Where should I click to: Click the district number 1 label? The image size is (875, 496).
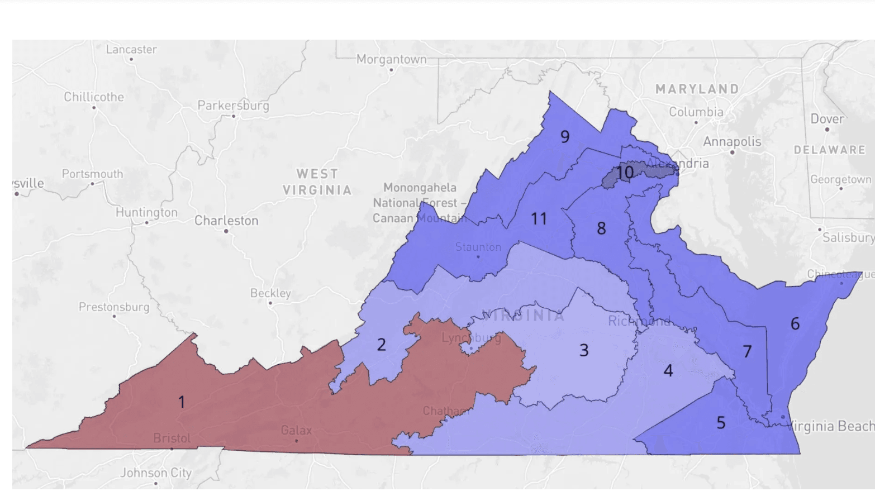[x=182, y=402]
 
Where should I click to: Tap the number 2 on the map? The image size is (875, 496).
[x=381, y=345]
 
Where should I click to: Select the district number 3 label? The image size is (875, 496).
[x=584, y=350]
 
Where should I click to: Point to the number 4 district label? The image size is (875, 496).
[x=668, y=370]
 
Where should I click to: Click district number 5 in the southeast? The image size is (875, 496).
[x=721, y=423]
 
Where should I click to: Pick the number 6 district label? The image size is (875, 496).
[x=795, y=323]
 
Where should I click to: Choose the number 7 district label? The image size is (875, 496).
[x=747, y=351]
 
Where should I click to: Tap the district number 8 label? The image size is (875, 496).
[x=601, y=228]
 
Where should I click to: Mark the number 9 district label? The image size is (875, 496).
[x=565, y=136]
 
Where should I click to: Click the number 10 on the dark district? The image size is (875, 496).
[x=625, y=173]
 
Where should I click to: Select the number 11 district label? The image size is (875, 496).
[x=539, y=218]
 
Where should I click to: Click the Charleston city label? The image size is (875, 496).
[x=226, y=221]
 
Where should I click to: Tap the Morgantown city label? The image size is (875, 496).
[x=391, y=59]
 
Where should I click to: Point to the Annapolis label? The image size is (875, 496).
[x=732, y=142]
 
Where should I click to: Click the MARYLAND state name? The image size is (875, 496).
[x=697, y=89]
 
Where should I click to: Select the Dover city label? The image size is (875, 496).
[x=827, y=119]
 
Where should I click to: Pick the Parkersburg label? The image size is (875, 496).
[x=233, y=106]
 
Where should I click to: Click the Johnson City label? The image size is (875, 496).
[x=156, y=473]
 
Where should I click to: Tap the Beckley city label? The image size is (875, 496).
[x=270, y=293]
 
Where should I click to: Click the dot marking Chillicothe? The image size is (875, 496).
[x=94, y=107]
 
